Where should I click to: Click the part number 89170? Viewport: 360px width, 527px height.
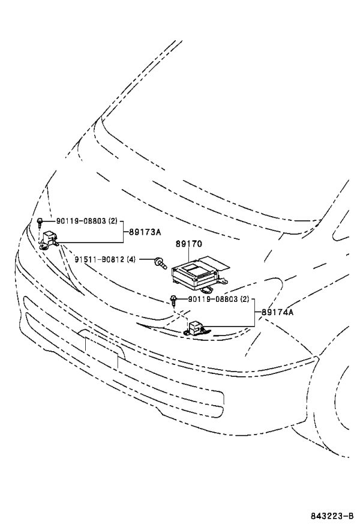pos(189,244)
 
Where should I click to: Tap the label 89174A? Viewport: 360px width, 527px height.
pos(277,312)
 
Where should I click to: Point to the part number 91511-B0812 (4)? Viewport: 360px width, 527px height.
pos(105,259)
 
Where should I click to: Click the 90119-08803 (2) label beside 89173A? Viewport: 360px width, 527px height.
pos(87,221)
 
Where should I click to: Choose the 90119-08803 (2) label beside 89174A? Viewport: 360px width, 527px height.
pos(218,299)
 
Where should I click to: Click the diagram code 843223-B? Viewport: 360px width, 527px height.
pos(332,516)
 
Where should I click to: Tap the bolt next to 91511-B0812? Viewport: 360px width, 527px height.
pos(160,263)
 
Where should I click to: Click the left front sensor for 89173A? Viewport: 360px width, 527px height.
pos(49,239)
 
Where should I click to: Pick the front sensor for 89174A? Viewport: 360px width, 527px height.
pos(196,328)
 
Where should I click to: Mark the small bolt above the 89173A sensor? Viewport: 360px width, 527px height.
pos(40,222)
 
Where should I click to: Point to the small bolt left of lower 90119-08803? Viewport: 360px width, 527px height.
pos(173,300)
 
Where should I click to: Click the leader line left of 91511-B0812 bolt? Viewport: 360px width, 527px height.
pos(146,259)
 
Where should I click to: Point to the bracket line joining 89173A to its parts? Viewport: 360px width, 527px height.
pos(123,232)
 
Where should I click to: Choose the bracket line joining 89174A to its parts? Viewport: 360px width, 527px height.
pos(254,313)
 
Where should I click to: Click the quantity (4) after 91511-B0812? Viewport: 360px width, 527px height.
pos(131,259)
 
